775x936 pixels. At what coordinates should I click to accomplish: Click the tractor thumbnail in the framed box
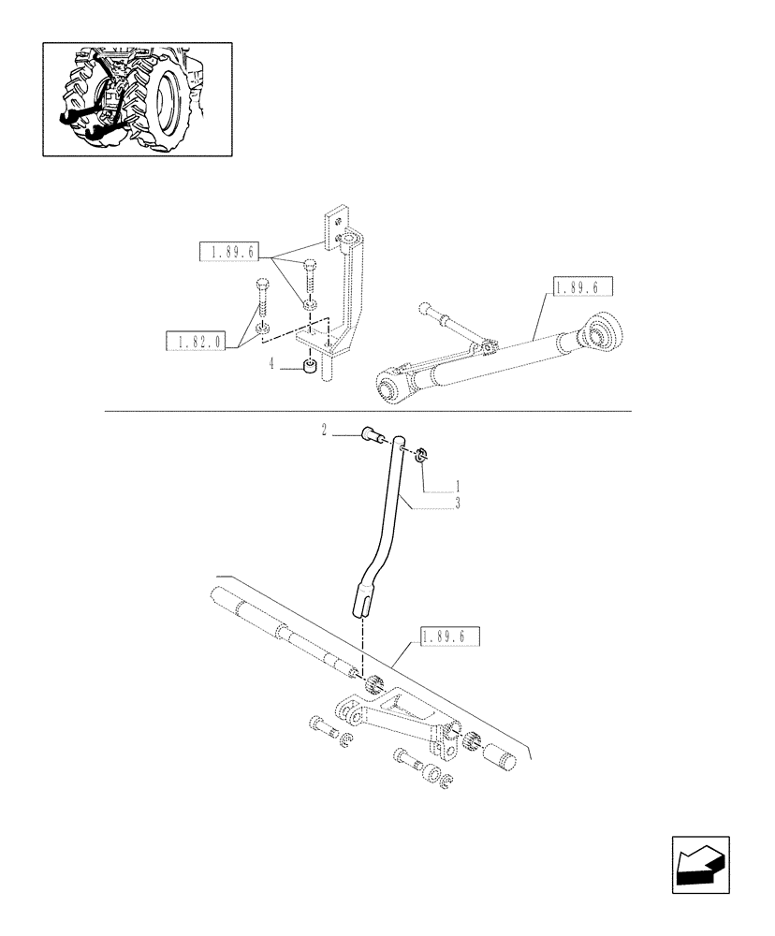137,98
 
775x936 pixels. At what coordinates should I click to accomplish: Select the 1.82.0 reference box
196,343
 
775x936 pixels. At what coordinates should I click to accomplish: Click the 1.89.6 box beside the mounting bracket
228,251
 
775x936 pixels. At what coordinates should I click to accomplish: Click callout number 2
324,431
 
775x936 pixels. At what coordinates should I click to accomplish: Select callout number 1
458,487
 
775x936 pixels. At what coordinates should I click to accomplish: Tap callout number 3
458,503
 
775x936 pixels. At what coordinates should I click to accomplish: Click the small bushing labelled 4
307,366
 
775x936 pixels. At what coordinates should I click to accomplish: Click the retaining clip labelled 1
421,456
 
